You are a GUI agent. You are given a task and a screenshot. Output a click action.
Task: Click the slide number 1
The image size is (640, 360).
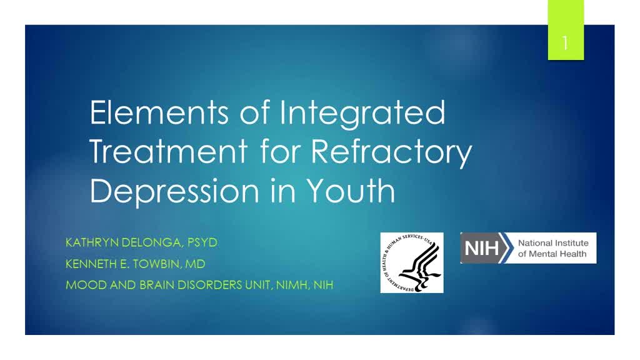tap(565, 43)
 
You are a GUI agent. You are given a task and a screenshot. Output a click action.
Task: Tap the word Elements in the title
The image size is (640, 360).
tap(159, 112)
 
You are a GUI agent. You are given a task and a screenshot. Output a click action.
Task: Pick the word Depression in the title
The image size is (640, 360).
tap(174, 191)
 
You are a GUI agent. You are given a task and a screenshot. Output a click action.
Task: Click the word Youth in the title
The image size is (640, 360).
tap(351, 190)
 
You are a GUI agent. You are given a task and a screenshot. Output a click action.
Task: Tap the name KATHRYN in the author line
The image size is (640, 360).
tap(92, 242)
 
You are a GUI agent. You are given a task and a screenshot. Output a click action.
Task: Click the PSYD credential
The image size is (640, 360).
tap(202, 242)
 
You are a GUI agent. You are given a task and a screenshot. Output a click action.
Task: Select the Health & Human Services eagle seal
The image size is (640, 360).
tap(412, 263)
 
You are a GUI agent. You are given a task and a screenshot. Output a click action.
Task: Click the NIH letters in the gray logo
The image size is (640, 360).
tap(482, 248)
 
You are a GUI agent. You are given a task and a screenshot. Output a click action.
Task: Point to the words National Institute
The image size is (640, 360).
tap(553, 243)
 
